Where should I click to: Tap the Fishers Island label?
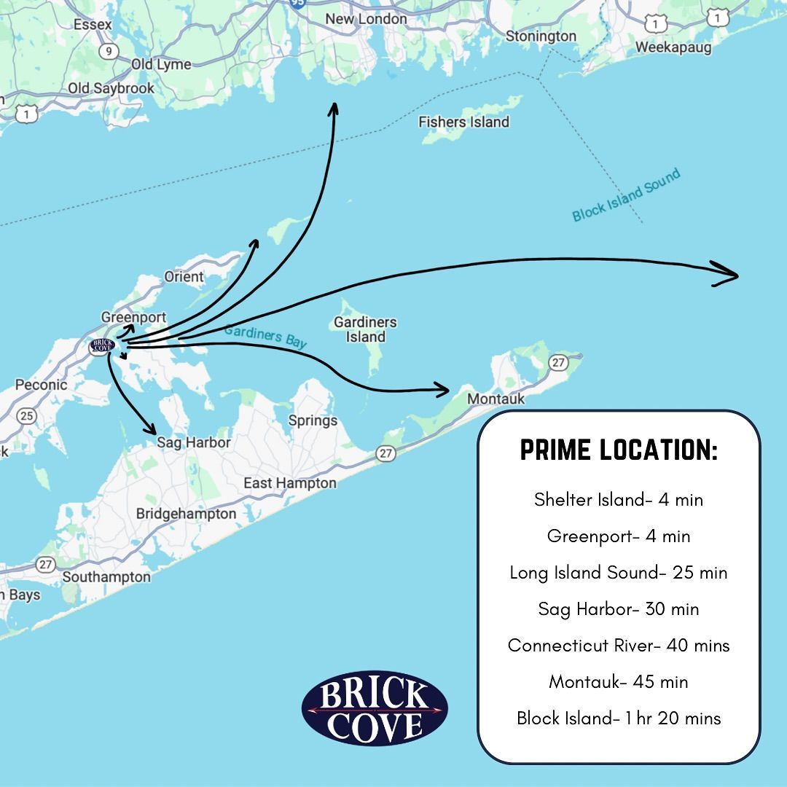click(463, 122)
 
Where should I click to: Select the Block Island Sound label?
click(626, 195)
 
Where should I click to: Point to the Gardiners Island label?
click(365, 329)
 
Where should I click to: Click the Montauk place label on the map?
click(496, 399)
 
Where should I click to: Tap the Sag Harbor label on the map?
click(194, 442)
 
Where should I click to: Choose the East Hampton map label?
click(290, 483)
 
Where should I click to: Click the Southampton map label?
click(106, 577)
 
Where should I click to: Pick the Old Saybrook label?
click(111, 88)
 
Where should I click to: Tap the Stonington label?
click(541, 36)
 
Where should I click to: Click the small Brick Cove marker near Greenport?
click(101, 345)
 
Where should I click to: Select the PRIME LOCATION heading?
click(619, 450)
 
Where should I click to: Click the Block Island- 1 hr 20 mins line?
click(619, 718)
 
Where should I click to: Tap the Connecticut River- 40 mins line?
click(619, 645)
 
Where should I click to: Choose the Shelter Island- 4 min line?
click(619, 499)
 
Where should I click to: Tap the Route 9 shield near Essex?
click(109, 50)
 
